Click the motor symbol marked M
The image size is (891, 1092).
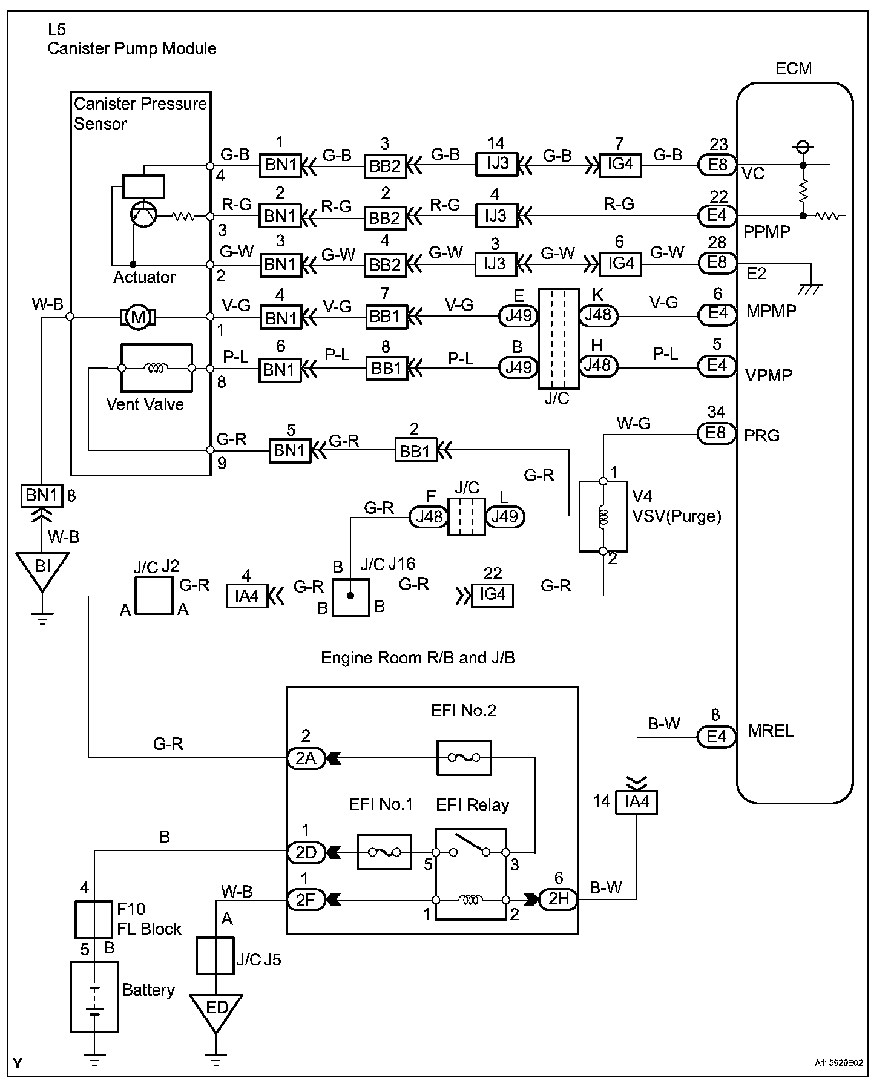click(x=139, y=317)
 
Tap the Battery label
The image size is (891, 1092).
click(x=148, y=990)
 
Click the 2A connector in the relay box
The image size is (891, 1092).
click(x=306, y=757)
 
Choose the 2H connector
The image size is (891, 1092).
click(x=558, y=900)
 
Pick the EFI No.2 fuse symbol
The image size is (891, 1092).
click(x=464, y=757)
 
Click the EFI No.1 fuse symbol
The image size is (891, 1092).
click(x=384, y=852)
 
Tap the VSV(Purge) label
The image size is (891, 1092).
click(x=677, y=516)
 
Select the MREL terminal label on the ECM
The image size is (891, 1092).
click(x=771, y=731)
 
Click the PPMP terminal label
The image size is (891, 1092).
click(x=767, y=232)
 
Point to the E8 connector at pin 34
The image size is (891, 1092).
click(x=717, y=433)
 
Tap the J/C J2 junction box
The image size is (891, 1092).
click(x=154, y=596)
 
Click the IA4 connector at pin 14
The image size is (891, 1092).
click(x=637, y=802)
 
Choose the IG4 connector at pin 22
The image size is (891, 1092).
click(x=492, y=596)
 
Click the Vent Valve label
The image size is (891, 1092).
click(x=145, y=404)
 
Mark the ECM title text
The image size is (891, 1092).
click(x=793, y=68)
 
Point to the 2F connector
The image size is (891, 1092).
click(x=306, y=900)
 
